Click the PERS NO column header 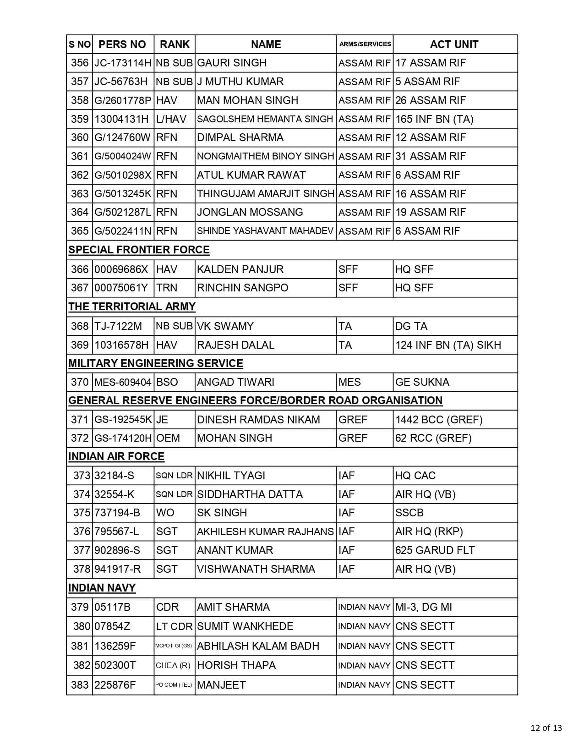pyautogui.click(x=122, y=44)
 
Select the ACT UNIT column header pyautogui.click(x=454, y=44)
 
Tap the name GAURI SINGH pyautogui.click(x=232, y=63)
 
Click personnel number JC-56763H pyautogui.click(x=121, y=82)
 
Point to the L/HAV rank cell pyautogui.click(x=171, y=119)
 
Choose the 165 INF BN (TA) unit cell pyautogui.click(x=434, y=119)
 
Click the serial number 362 pyautogui.click(x=80, y=175)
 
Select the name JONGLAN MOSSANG pyautogui.click(x=250, y=212)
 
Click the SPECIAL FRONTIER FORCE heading pyautogui.click(x=139, y=250)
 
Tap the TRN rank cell pyautogui.click(x=167, y=288)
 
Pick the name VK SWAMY pyautogui.click(x=225, y=326)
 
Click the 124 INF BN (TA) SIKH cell pyautogui.click(x=448, y=345)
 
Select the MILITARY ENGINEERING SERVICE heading pyautogui.click(x=156, y=363)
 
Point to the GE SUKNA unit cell pyautogui.click(x=422, y=382)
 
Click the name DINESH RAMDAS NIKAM pyautogui.click(x=258, y=420)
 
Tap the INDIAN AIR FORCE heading pyautogui.click(x=116, y=457)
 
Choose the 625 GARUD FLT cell pyautogui.click(x=435, y=550)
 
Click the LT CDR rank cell pyautogui.click(x=174, y=626)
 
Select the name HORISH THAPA pyautogui.click(x=236, y=665)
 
